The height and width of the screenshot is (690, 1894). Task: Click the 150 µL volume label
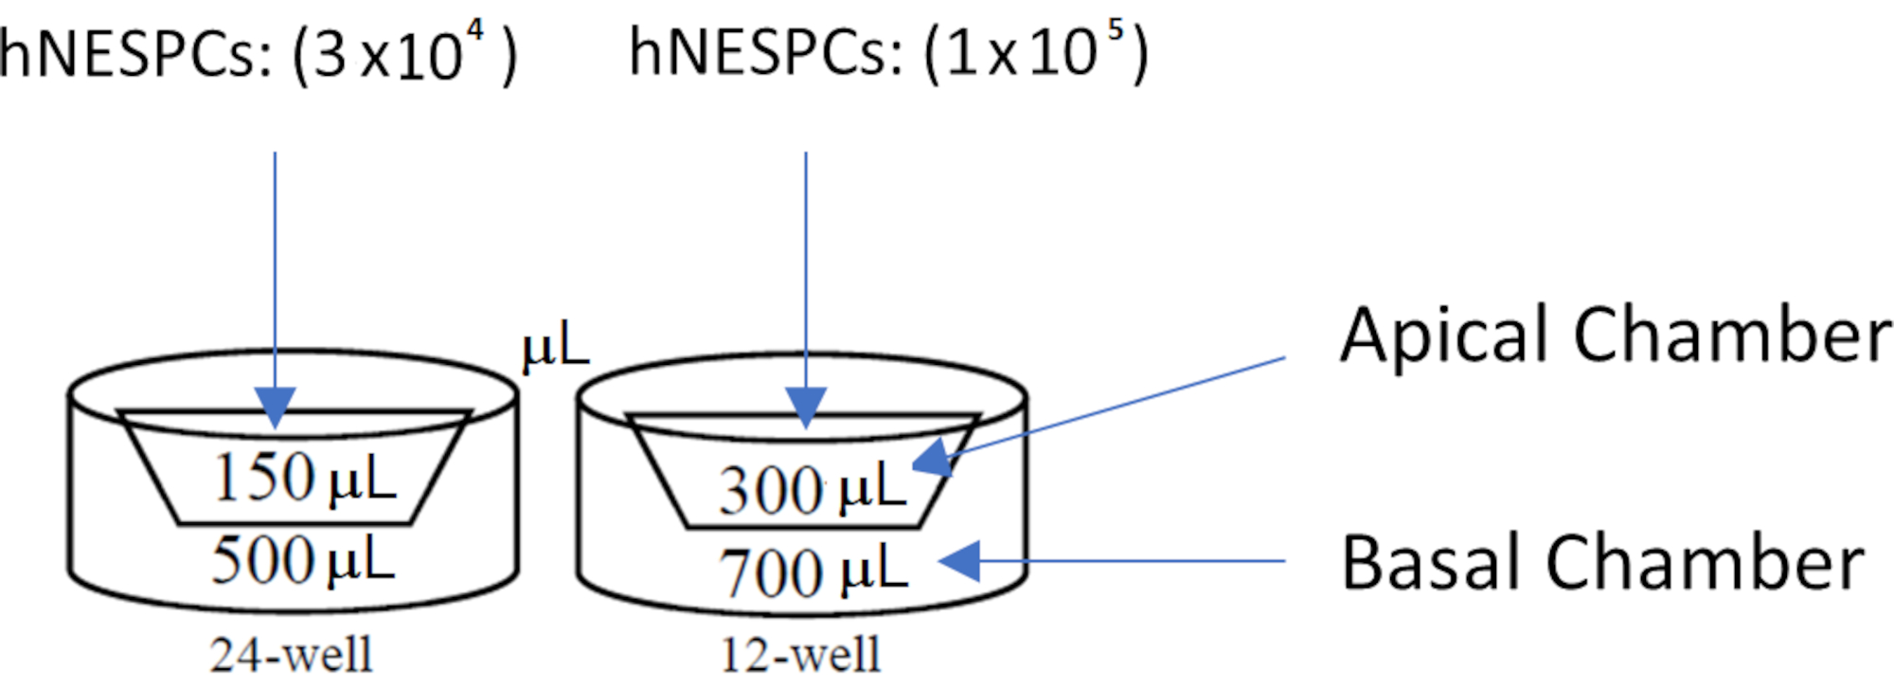click(303, 477)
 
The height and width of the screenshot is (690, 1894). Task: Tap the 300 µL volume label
click(812, 489)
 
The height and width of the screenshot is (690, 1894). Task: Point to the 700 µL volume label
click(813, 572)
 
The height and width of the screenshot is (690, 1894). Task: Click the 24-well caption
click(292, 655)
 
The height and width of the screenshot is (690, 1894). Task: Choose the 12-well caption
click(801, 655)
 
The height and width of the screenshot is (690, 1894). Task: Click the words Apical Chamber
click(1615, 336)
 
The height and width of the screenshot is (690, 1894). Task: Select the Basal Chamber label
click(1602, 563)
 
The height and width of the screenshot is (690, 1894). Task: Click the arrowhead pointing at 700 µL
click(959, 560)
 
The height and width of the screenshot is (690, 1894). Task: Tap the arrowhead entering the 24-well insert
click(276, 408)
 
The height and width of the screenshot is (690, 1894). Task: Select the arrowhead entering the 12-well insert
click(806, 408)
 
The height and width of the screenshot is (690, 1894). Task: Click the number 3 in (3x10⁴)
click(331, 55)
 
